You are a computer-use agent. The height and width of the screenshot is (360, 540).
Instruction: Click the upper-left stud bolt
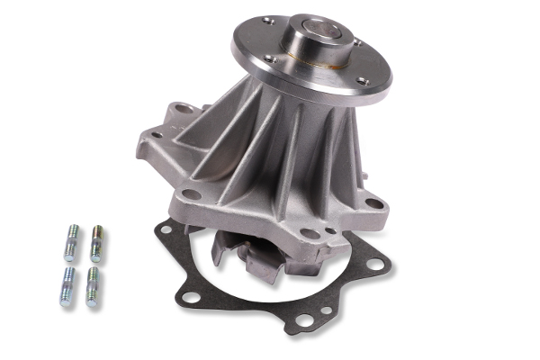point(71,240)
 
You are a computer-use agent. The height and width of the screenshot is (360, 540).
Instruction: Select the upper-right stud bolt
point(95,243)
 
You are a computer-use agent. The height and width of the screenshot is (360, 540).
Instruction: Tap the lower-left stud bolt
point(67,285)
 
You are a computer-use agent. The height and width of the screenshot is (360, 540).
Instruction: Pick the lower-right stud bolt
point(92,287)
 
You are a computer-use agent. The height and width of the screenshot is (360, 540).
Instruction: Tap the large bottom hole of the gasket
point(302,320)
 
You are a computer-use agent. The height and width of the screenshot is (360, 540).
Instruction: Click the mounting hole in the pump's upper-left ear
point(185,109)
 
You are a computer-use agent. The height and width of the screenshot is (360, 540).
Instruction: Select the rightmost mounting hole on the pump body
point(374,204)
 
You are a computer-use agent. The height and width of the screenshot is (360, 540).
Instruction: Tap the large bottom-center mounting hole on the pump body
point(310,234)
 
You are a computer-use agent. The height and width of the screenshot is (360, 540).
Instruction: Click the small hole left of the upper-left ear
point(155,135)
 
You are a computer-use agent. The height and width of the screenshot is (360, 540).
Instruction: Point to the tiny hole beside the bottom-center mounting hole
point(330,231)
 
